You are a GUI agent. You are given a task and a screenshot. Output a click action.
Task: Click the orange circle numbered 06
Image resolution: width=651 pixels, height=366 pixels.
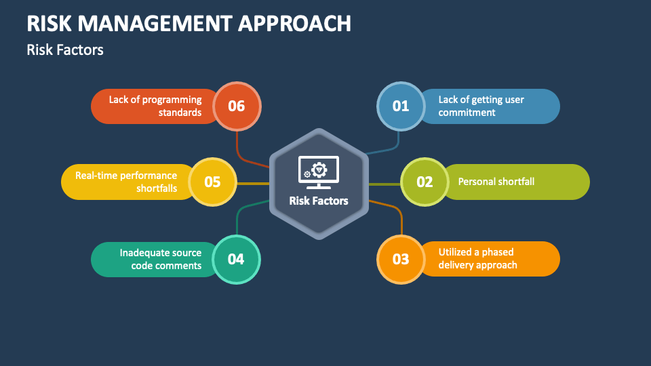point(236,106)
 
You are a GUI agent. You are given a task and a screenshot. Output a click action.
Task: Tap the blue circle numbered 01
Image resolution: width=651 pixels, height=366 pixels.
point(401,106)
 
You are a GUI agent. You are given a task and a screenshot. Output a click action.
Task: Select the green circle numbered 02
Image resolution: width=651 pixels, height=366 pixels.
point(425,182)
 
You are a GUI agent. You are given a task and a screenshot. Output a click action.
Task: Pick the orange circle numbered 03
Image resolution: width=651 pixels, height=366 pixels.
point(401,259)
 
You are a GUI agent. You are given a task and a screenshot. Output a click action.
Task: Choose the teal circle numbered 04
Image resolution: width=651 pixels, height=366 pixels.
point(236,259)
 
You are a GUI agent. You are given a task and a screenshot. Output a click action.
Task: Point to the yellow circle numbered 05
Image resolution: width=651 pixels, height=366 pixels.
point(212,182)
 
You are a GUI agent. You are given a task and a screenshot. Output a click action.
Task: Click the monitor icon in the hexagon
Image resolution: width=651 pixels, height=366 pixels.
point(318,172)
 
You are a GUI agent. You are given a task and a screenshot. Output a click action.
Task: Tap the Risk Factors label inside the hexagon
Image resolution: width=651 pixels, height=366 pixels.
point(318,201)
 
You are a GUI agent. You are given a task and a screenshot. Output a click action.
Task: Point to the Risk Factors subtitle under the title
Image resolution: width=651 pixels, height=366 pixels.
point(65,49)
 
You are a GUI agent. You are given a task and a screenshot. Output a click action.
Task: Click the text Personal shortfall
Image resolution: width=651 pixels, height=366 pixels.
point(496,182)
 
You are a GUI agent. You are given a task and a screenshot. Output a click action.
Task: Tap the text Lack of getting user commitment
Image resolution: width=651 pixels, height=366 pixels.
point(481,106)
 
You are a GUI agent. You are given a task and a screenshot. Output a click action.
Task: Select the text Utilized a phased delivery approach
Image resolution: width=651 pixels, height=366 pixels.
point(477,259)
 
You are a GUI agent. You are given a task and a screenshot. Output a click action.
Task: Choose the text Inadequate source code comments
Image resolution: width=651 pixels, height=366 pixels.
point(161,259)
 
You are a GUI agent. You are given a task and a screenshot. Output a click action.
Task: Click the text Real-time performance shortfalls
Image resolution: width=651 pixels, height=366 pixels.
point(126,182)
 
